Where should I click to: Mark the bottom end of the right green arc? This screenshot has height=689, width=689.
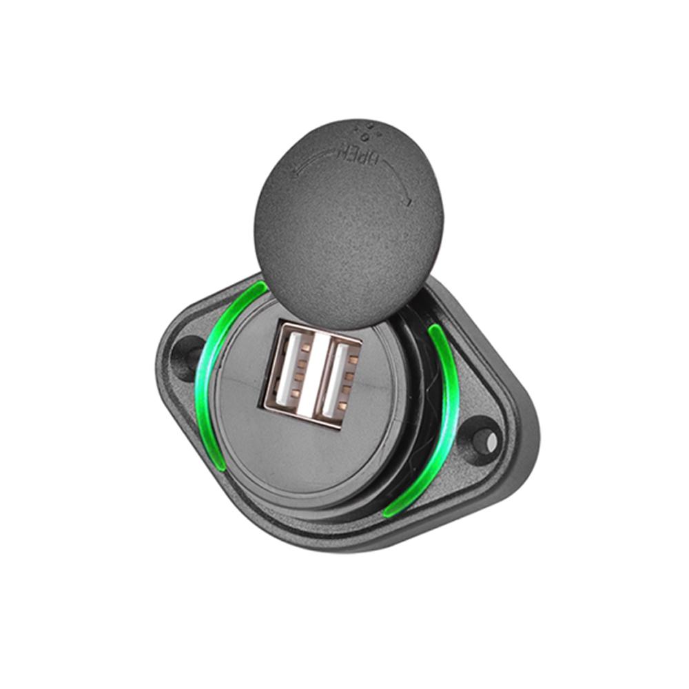pos(388,513)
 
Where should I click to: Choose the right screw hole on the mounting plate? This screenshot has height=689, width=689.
pos(486,438)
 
